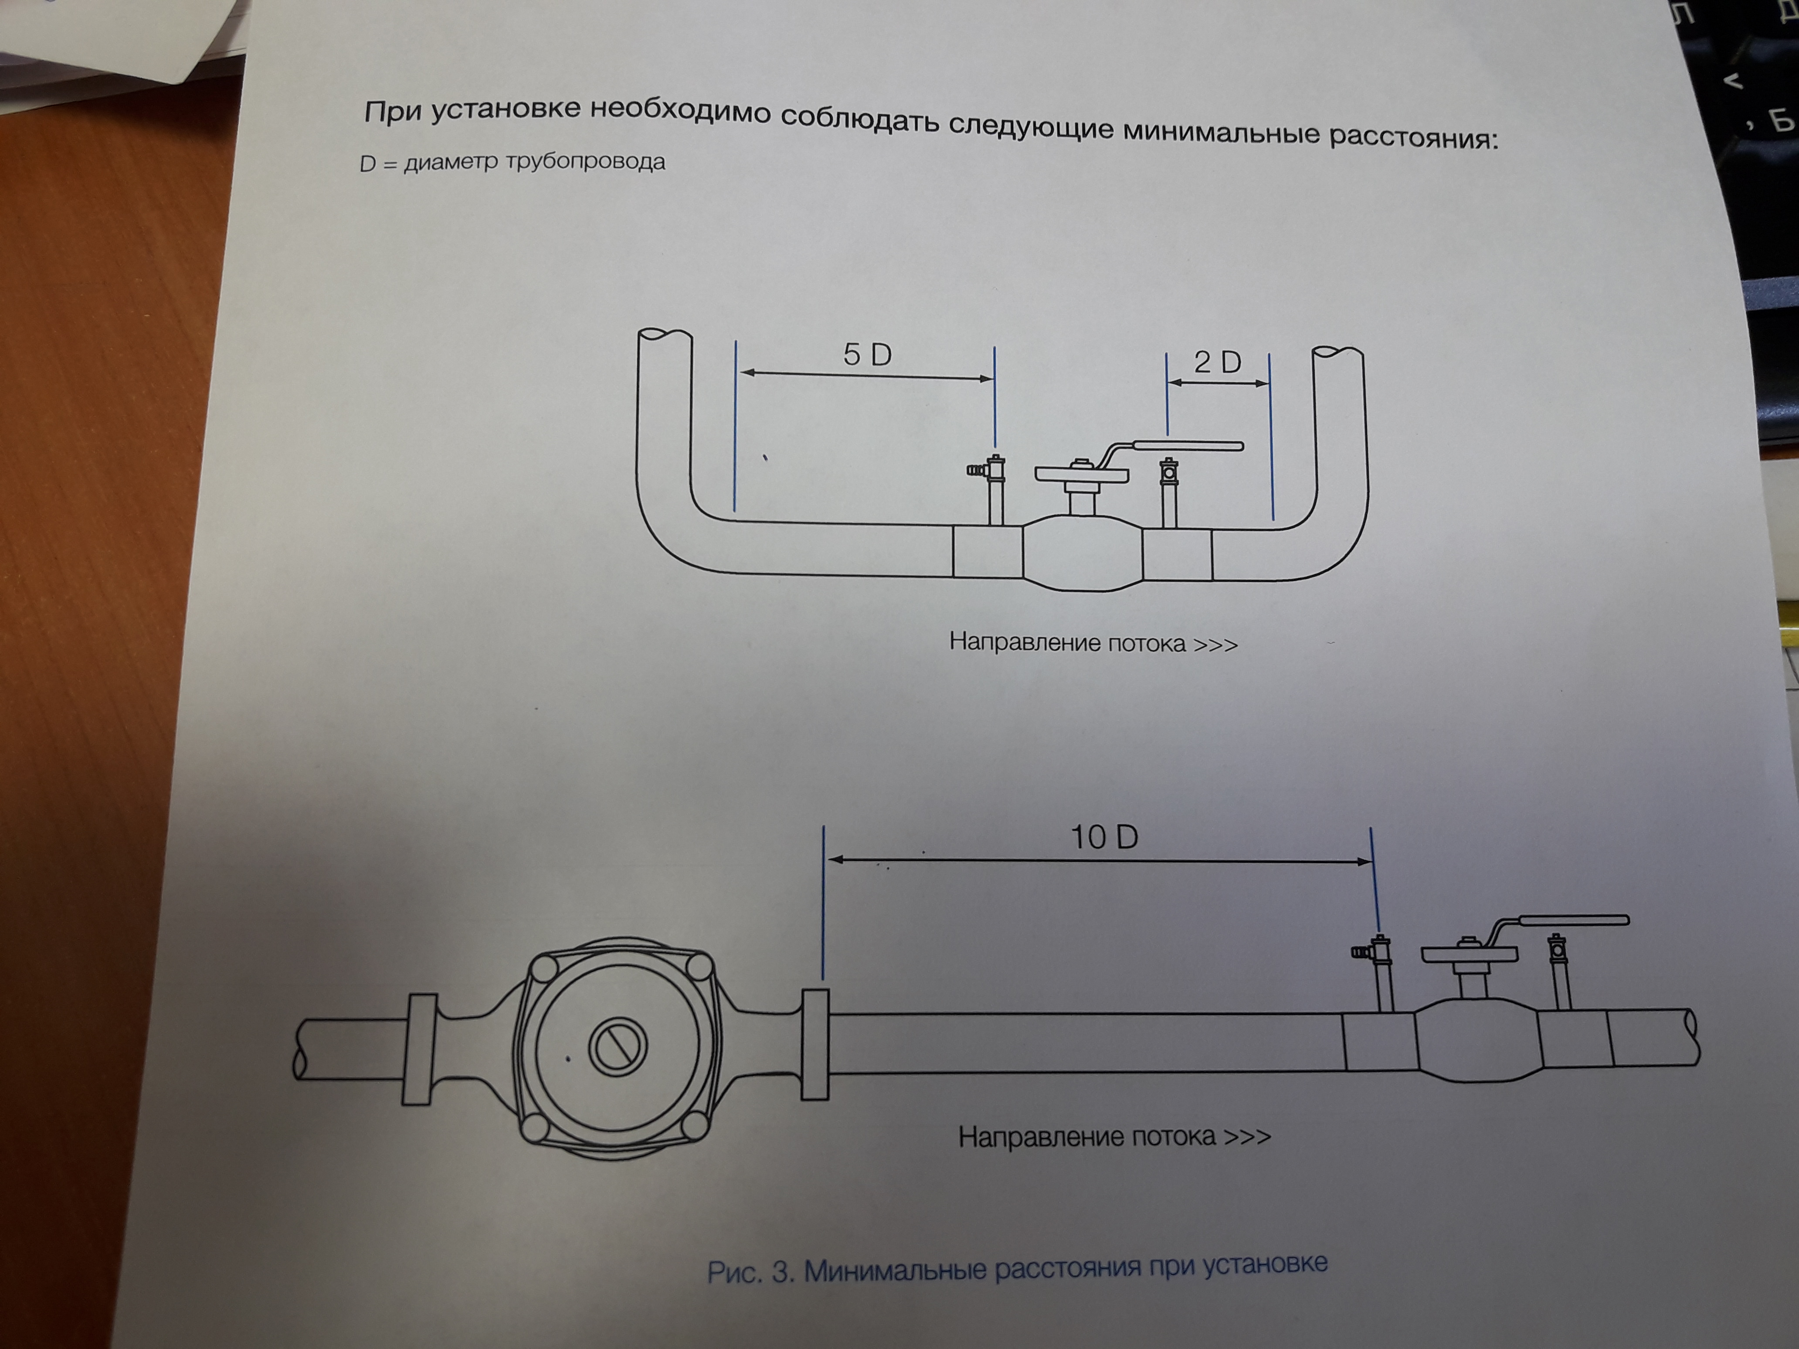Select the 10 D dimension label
(x=1103, y=837)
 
